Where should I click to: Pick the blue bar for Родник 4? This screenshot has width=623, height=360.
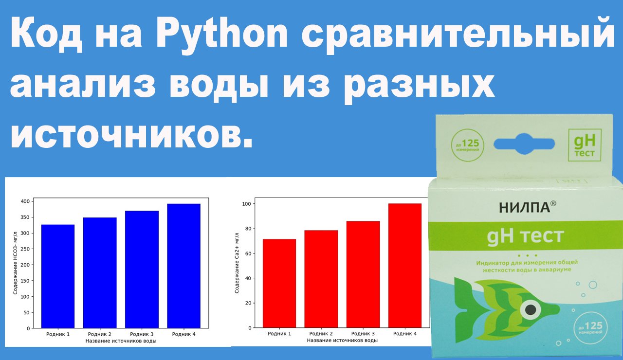184,266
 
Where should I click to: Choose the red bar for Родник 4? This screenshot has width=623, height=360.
405,266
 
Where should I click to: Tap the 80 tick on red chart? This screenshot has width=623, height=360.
248,229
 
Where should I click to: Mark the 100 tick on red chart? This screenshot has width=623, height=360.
247,204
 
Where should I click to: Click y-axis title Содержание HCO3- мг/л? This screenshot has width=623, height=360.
16,263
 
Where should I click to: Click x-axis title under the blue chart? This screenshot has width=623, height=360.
121,341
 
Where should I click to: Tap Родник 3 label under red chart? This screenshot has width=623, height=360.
363,334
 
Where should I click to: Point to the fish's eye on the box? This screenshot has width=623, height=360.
531,309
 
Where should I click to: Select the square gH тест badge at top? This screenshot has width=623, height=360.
585,144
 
